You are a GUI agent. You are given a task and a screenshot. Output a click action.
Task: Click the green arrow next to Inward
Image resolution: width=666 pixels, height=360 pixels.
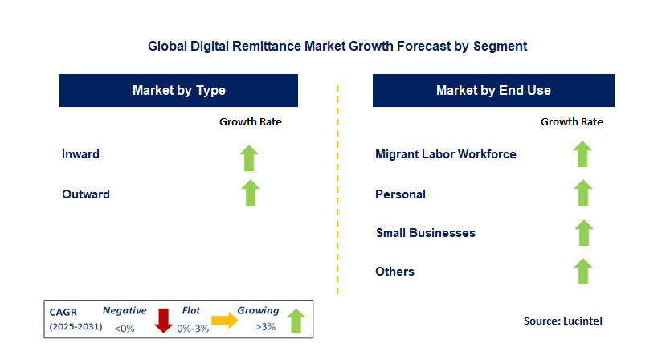click(x=250, y=157)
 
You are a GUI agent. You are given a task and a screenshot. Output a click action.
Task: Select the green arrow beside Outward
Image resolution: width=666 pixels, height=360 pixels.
click(x=250, y=193)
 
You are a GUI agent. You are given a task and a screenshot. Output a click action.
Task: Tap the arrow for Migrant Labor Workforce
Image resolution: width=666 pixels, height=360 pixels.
click(x=582, y=154)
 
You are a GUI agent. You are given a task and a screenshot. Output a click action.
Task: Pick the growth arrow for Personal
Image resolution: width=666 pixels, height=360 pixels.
click(x=582, y=193)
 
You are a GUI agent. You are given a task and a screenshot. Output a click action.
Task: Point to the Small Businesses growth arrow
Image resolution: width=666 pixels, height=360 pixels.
click(x=582, y=232)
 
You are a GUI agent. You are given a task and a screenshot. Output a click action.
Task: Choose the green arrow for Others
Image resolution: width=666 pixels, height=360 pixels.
click(x=582, y=271)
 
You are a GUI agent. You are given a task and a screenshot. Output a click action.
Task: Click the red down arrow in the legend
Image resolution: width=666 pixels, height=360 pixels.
click(x=164, y=320)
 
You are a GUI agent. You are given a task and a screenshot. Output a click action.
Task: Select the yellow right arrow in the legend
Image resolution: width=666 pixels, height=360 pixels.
click(x=224, y=320)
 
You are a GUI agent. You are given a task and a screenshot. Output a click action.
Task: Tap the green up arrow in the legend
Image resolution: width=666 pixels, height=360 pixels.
click(x=296, y=320)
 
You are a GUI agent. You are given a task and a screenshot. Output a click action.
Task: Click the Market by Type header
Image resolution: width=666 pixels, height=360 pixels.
click(x=178, y=91)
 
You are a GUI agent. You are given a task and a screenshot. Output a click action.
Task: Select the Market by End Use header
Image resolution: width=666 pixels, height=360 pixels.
click(x=493, y=91)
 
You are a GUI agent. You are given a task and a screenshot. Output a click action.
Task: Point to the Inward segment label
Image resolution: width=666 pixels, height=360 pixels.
click(x=80, y=154)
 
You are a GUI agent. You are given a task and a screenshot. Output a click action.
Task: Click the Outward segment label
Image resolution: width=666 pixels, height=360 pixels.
click(x=86, y=194)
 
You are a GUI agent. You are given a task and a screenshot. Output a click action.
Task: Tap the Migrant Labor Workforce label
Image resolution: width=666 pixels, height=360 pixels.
click(x=446, y=154)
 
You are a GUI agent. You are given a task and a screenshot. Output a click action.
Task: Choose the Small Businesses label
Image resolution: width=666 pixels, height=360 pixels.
click(x=426, y=233)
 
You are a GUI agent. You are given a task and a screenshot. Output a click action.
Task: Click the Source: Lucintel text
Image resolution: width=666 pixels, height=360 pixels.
click(x=562, y=321)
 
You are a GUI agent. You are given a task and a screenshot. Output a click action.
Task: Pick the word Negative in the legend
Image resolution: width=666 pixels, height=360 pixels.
click(x=125, y=310)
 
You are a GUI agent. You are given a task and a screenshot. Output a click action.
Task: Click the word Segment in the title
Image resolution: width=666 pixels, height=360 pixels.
click(x=500, y=46)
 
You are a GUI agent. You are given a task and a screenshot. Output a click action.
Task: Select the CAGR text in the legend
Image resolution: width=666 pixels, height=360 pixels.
click(x=63, y=311)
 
